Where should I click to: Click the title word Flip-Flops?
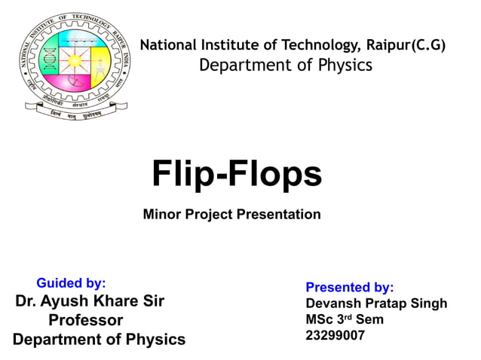click(237, 174)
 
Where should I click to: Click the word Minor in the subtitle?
click(160, 215)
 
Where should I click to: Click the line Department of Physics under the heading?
click(285, 66)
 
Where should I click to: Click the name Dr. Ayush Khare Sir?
click(90, 301)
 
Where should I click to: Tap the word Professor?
click(85, 320)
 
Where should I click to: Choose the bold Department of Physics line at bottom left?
click(99, 340)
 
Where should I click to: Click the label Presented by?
click(349, 287)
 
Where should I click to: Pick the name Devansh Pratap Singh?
click(375, 304)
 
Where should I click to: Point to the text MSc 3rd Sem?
click(344, 319)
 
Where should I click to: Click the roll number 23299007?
click(335, 336)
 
